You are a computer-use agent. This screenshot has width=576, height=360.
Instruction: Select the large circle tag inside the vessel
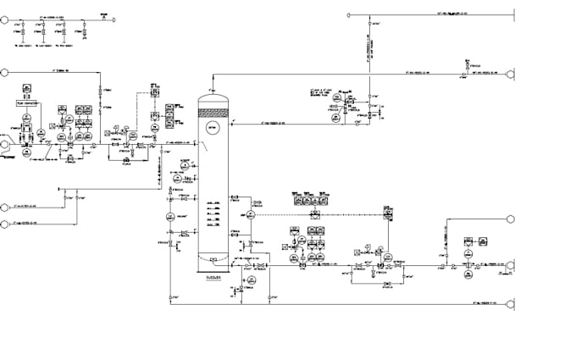pos(212,127)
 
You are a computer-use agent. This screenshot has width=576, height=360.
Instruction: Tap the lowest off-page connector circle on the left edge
pos(4,224)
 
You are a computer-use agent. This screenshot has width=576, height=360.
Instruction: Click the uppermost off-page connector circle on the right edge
pos(510,75)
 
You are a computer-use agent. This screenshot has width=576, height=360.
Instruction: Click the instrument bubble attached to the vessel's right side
pos(252,216)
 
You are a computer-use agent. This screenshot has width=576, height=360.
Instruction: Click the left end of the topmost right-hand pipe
pos(348,14)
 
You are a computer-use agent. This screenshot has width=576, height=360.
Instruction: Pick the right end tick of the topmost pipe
pos(515,14)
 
